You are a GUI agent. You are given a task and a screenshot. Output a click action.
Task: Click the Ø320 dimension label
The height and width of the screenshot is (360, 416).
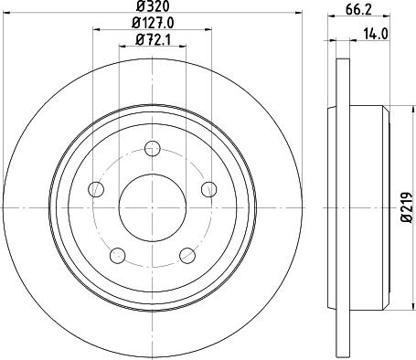click(153, 7)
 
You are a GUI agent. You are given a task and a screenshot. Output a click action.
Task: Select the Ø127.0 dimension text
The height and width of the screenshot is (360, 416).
click(153, 23)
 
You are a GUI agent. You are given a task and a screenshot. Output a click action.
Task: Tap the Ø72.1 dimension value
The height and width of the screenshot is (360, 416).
click(153, 39)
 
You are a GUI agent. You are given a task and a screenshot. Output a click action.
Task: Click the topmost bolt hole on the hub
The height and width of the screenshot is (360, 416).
click(153, 144)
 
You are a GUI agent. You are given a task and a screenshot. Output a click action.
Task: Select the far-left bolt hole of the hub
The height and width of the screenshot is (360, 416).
click(96, 189)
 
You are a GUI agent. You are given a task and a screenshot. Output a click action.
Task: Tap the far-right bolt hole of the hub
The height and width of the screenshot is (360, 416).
click(210, 188)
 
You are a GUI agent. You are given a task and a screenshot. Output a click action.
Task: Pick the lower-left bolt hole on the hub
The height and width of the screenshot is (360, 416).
click(117, 254)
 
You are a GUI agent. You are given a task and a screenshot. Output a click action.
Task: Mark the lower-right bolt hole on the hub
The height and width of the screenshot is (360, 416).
click(188, 254)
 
